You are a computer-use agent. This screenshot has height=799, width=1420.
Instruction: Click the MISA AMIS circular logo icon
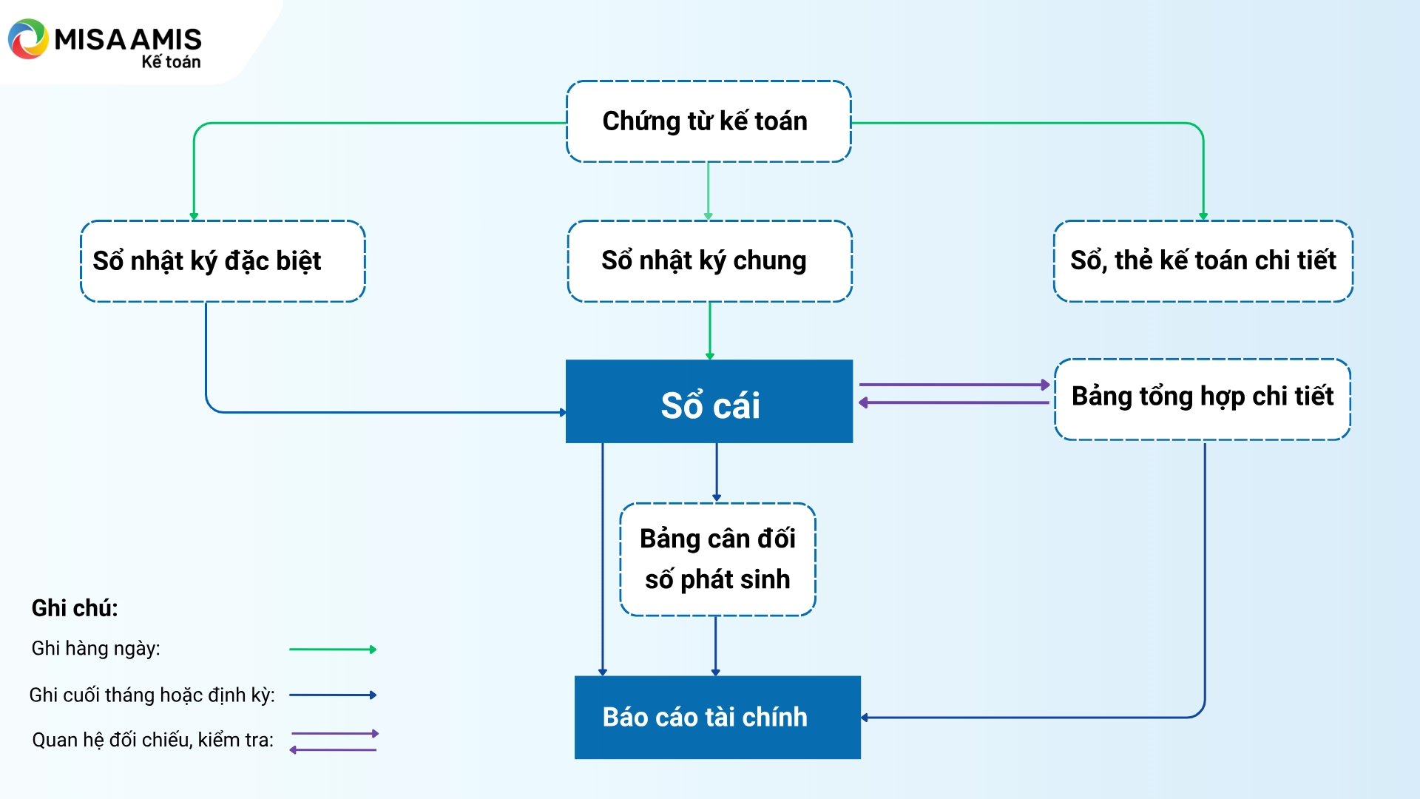pyautogui.click(x=28, y=39)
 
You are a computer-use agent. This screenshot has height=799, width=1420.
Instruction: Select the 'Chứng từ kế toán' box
pyautogui.click(x=709, y=121)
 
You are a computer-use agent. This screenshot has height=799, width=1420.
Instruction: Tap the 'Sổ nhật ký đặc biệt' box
pyautogui.click(x=223, y=261)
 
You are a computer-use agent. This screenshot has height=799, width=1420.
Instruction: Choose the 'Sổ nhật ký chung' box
pyautogui.click(x=709, y=261)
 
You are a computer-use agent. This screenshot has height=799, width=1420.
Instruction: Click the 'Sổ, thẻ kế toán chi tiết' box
pyautogui.click(x=1203, y=261)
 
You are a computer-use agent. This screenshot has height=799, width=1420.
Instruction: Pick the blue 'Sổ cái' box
pyautogui.click(x=709, y=402)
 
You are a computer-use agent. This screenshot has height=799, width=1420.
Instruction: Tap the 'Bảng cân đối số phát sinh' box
pyautogui.click(x=717, y=559)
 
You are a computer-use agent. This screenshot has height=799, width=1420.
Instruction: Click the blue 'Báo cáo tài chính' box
pyautogui.click(x=717, y=717)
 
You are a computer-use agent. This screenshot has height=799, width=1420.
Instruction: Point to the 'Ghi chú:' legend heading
pyautogui.click(x=75, y=608)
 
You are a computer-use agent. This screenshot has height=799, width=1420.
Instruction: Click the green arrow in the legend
pyautogui.click(x=333, y=650)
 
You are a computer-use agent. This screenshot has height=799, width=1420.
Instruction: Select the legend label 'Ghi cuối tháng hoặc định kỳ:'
pyautogui.click(x=152, y=695)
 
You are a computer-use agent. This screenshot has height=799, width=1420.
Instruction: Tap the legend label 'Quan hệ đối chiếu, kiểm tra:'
pyautogui.click(x=152, y=740)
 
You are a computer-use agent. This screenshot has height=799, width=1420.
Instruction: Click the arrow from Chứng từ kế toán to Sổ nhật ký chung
pyautogui.click(x=709, y=191)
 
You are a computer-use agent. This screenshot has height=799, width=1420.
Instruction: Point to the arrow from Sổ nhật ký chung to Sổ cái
pyautogui.click(x=710, y=330)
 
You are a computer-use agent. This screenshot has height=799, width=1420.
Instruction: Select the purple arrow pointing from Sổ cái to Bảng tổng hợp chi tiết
pyautogui.click(x=954, y=385)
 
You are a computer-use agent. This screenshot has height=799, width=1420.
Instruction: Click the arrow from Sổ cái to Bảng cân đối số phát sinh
pyautogui.click(x=717, y=472)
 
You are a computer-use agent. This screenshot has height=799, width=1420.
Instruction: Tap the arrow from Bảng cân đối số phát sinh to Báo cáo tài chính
pyautogui.click(x=715, y=645)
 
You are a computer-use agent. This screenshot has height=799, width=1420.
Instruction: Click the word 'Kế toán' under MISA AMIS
pyautogui.click(x=171, y=62)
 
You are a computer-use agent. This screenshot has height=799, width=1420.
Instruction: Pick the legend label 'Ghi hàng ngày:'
pyautogui.click(x=95, y=649)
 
